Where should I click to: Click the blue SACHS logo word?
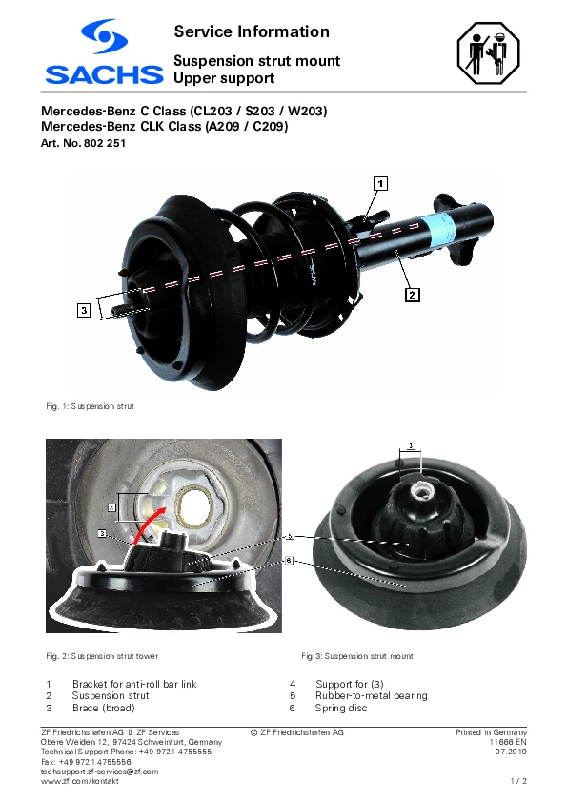click(104, 74)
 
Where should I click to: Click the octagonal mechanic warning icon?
click(489, 52)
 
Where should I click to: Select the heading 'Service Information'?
click(252, 31)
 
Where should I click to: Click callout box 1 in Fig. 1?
click(380, 183)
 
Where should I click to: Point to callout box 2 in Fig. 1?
click(413, 295)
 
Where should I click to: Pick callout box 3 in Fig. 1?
click(85, 309)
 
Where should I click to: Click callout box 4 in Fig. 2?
click(112, 508)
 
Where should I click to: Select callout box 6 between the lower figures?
click(289, 560)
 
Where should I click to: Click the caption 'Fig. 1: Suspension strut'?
click(91, 406)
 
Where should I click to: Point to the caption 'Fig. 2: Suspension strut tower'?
click(102, 656)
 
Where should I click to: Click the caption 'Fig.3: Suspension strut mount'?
click(357, 656)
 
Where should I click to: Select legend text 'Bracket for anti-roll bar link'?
click(134, 684)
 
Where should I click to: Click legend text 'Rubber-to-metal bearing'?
click(372, 696)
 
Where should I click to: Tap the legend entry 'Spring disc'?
click(341, 709)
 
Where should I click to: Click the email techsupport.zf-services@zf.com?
click(100, 772)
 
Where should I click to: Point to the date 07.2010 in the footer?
click(511, 752)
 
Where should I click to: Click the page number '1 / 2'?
click(518, 781)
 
